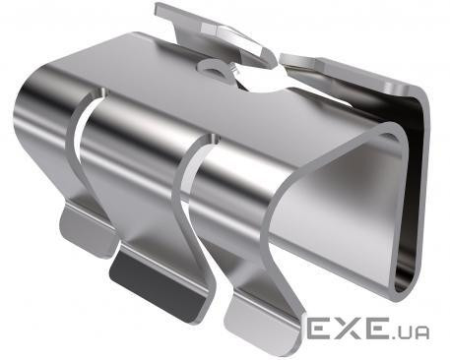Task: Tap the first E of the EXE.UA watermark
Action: tap(319, 328)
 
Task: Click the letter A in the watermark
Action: tap(420, 332)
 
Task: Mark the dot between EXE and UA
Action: tap(390, 336)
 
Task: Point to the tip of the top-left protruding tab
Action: tap(157, 8)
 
